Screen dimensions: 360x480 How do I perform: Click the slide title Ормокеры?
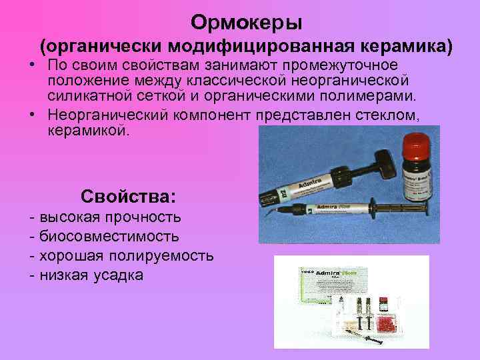(x=246, y=23)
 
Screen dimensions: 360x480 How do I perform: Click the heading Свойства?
(x=128, y=197)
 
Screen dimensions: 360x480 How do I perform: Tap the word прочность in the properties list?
(x=143, y=217)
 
